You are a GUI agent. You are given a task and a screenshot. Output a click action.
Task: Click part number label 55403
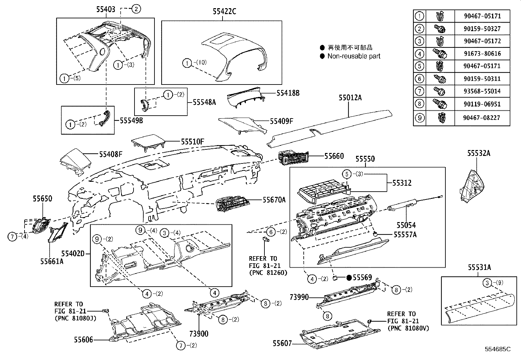coord(105,9)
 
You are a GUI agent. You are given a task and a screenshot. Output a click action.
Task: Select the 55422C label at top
coord(224,12)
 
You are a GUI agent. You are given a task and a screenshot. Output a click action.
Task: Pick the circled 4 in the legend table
coord(419,53)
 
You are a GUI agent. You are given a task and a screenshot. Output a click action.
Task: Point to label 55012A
coord(350,98)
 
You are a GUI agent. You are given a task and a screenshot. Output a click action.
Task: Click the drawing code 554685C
coord(498,350)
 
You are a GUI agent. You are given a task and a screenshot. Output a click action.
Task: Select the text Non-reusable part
coord(354,56)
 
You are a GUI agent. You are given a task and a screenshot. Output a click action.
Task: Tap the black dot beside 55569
coord(349,278)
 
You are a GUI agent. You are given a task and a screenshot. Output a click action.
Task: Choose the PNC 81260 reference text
coord(268,273)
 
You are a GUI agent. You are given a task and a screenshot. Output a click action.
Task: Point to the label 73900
coord(198,334)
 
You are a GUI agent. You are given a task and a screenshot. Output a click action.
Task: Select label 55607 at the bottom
coord(282,343)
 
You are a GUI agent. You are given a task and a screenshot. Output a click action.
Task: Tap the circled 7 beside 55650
coord(12,237)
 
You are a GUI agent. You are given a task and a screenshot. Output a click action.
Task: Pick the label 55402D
coord(73,254)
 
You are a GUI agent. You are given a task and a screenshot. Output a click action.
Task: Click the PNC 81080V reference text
coord(408,328)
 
